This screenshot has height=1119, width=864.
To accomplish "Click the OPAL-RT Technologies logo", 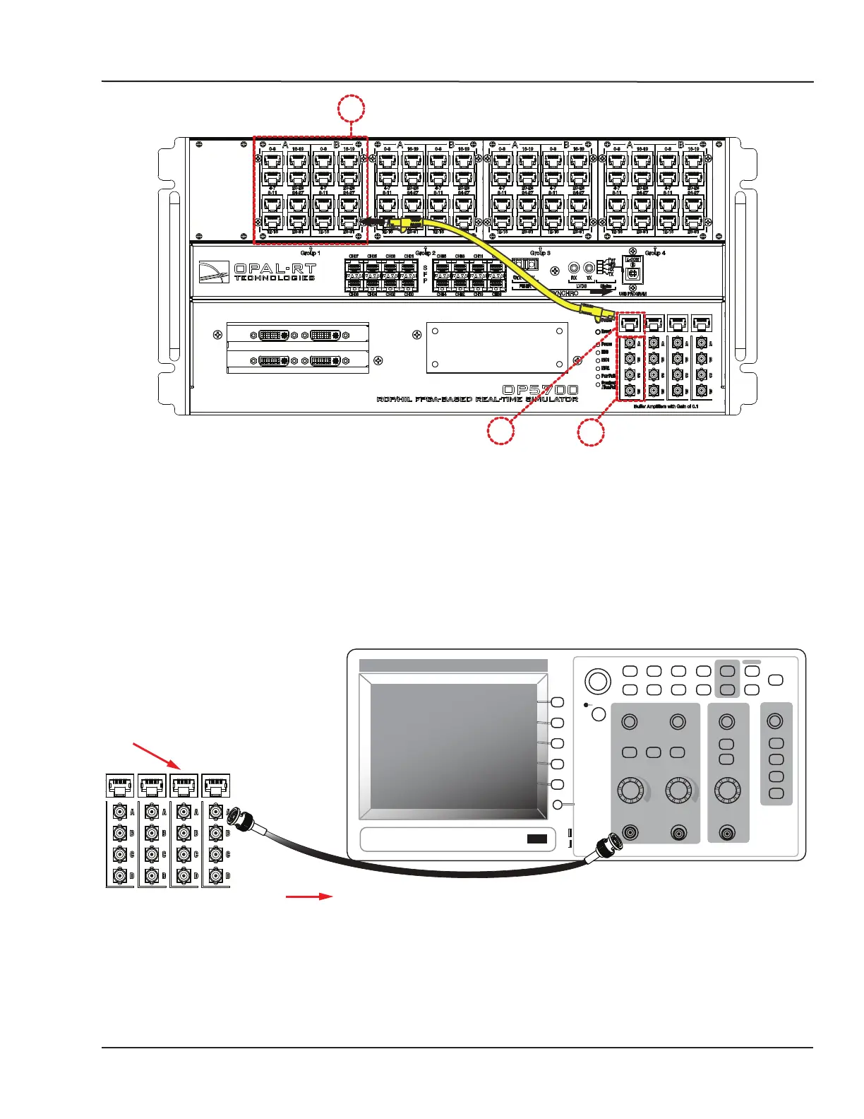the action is [x=258, y=272].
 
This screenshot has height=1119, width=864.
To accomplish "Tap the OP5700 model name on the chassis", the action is [x=540, y=390].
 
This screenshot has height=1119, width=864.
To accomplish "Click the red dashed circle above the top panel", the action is [x=351, y=110].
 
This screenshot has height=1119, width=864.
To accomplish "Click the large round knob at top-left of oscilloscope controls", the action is [x=597, y=681].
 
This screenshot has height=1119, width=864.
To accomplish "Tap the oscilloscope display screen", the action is [x=454, y=745].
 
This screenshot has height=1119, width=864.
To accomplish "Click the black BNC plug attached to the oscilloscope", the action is [x=608, y=844].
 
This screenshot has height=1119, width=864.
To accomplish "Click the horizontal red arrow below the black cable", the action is [x=308, y=896].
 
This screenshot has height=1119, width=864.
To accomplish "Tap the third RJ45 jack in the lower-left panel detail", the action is [x=184, y=786].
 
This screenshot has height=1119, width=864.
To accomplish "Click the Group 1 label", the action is [x=310, y=252].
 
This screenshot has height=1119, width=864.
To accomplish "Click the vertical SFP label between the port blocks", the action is [x=425, y=274].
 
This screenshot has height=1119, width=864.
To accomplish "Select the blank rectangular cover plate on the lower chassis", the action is [x=497, y=348].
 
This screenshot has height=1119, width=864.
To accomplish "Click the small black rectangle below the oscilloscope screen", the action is [x=536, y=839].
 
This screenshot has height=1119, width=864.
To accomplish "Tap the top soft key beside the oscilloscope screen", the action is [x=557, y=702].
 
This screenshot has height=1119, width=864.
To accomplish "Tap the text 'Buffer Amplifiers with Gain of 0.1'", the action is [x=666, y=407].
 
